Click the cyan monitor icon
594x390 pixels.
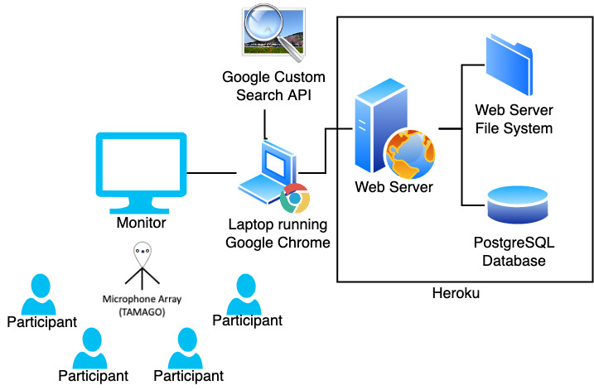(x=141, y=173)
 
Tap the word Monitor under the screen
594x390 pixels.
(x=142, y=223)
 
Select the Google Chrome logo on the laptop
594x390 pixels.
(x=295, y=198)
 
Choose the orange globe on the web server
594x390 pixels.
(x=410, y=154)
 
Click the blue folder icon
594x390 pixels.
(x=509, y=65)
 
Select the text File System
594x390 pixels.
(x=514, y=128)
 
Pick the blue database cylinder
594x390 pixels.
(x=518, y=205)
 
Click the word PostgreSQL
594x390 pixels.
(x=514, y=243)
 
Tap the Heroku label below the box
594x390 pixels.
(x=456, y=293)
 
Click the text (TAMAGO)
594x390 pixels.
(x=142, y=312)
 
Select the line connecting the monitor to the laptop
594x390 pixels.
(x=211, y=173)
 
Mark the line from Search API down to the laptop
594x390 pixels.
(x=265, y=124)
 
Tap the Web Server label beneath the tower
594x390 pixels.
(x=394, y=187)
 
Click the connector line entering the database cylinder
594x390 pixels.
(x=473, y=205)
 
